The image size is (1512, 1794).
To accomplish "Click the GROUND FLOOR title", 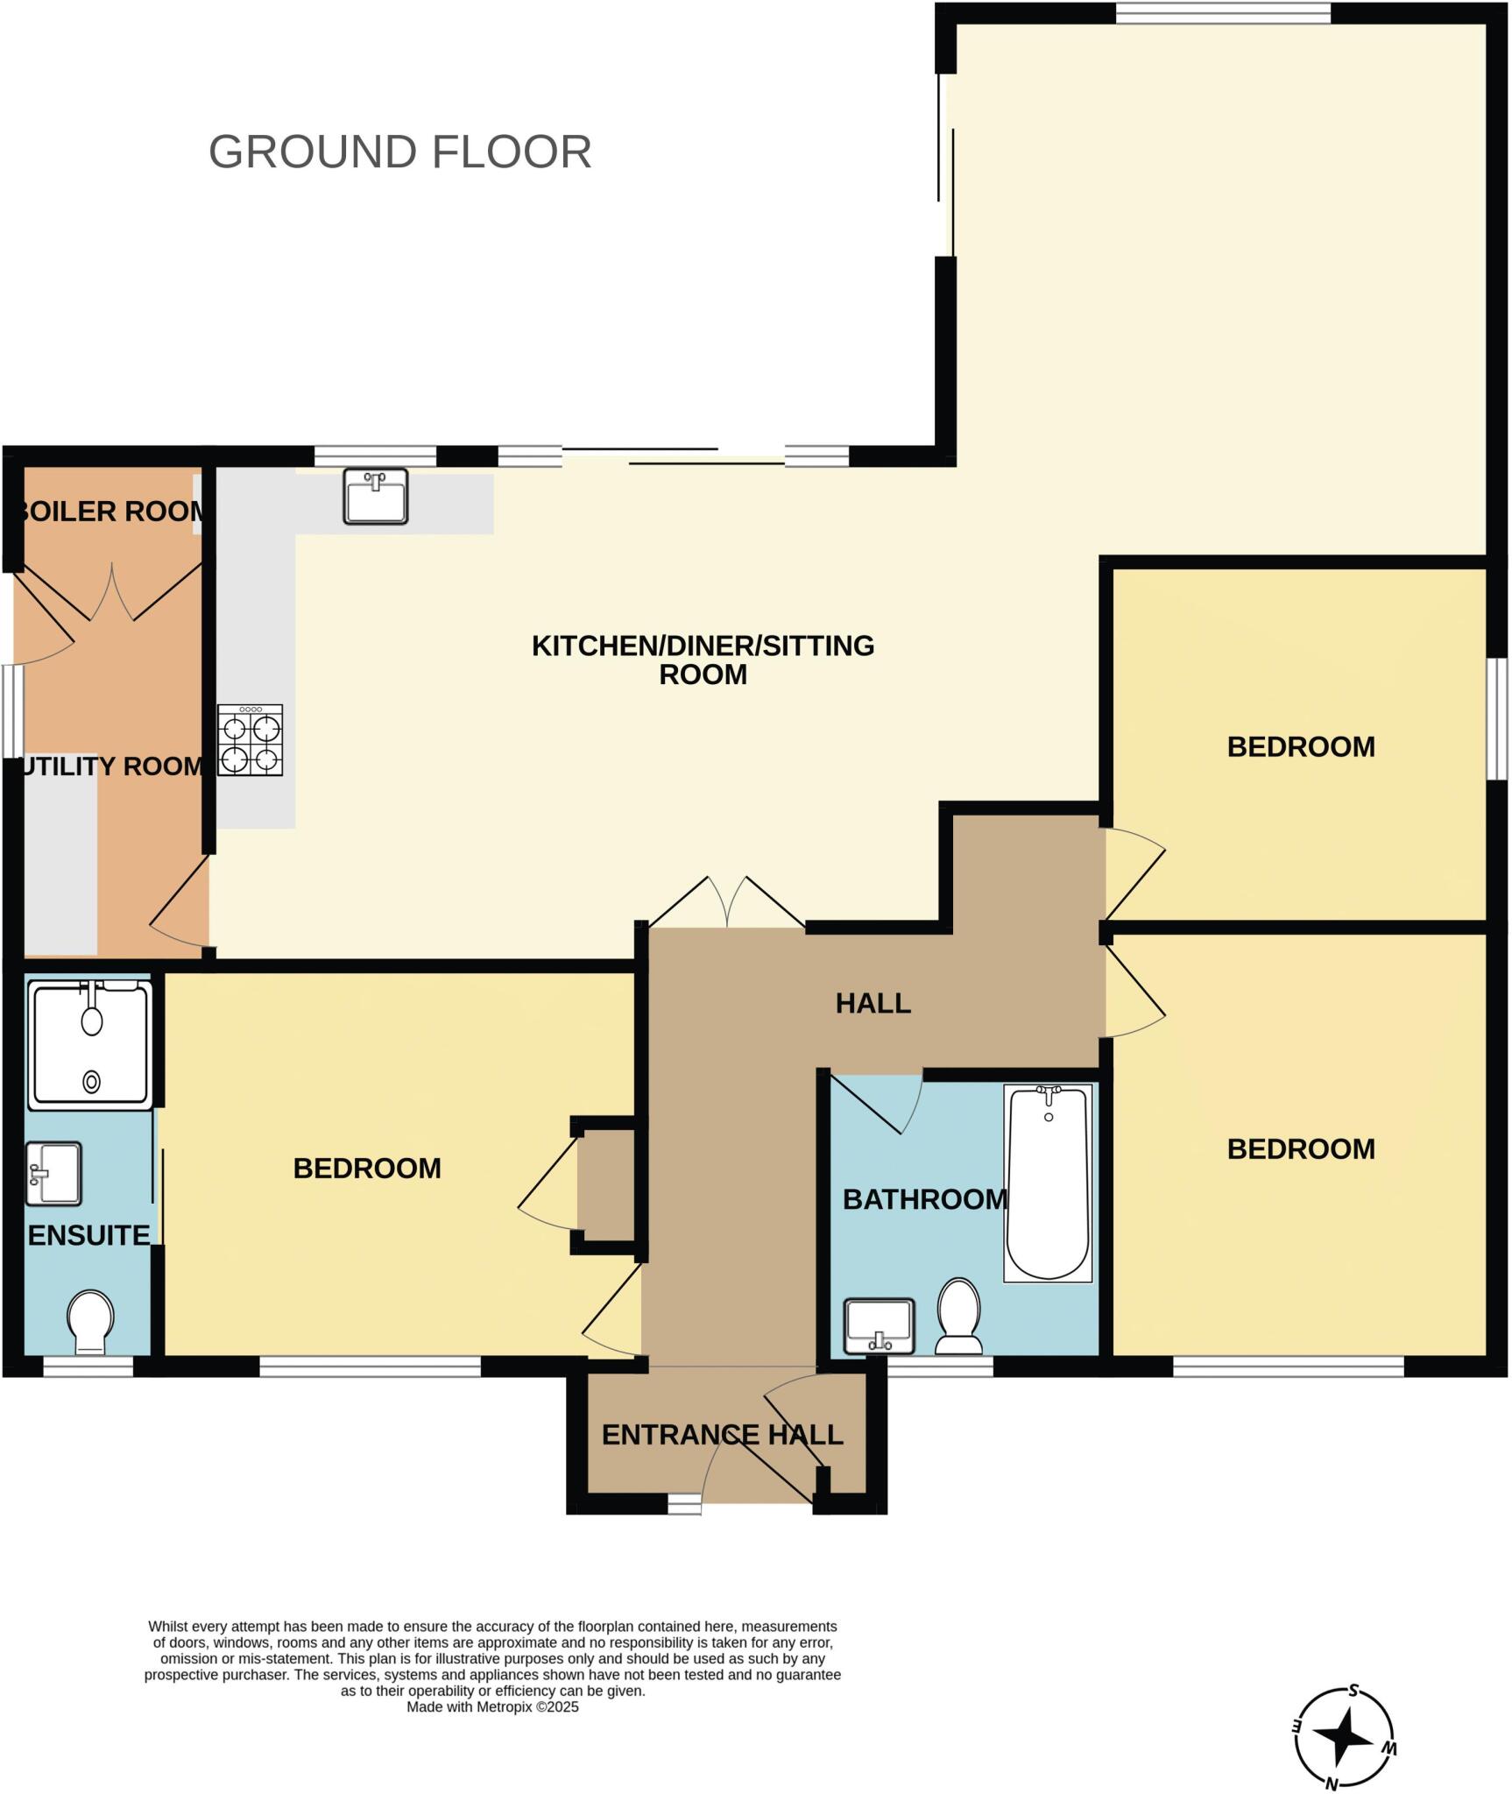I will (399, 152).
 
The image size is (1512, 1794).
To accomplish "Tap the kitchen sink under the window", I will (375, 496).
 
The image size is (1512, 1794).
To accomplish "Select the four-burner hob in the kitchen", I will (251, 740).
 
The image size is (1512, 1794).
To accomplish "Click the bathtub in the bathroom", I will (1048, 1183).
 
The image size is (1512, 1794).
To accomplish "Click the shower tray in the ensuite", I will (90, 1044).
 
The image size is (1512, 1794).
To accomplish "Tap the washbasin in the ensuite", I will (53, 1174).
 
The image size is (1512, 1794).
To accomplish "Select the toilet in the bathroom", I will (959, 1317).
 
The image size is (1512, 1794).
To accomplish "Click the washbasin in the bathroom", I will (879, 1326).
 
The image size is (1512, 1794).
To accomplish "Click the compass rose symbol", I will (1344, 1737).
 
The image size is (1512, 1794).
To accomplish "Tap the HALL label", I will (873, 1003).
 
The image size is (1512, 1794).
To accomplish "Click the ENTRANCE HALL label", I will (722, 1435).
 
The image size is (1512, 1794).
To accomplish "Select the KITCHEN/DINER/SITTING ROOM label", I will (703, 660).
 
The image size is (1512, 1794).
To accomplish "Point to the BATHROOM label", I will (924, 1199).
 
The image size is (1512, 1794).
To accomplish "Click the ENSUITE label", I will (88, 1235).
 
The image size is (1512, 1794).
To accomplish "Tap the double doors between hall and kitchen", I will (726, 902).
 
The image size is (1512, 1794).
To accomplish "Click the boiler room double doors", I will (112, 591).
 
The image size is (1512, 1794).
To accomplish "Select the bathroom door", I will (876, 1102).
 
